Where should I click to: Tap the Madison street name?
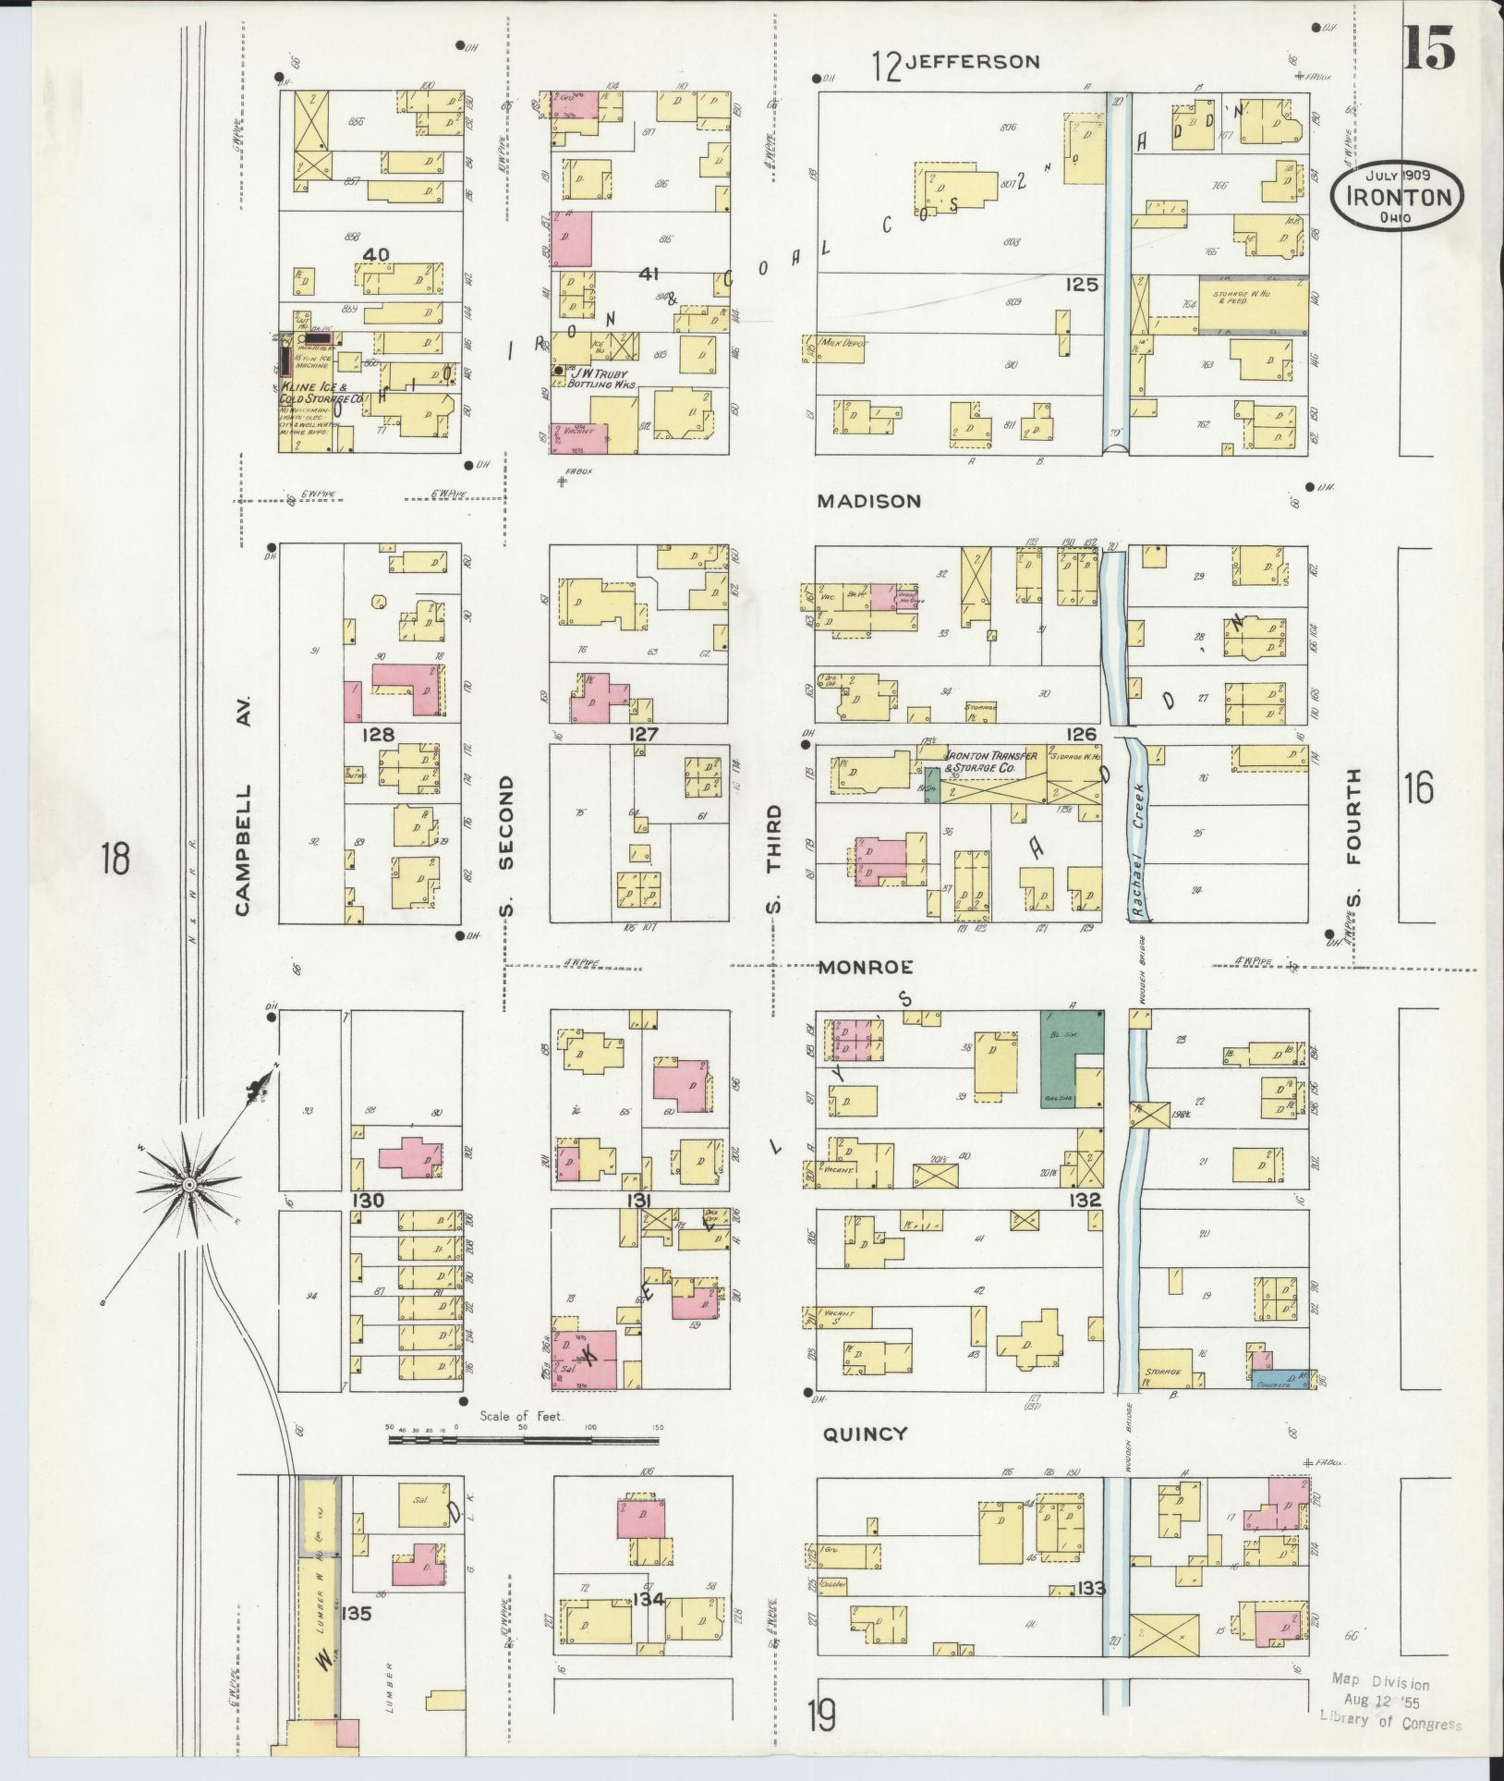(868, 501)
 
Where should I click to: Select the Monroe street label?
(867, 967)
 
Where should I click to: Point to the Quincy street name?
(865, 1433)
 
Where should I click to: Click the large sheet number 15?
(1429, 48)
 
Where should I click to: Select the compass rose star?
(188, 1184)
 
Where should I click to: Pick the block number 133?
(1090, 1588)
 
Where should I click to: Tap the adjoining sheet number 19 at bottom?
(821, 1714)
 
